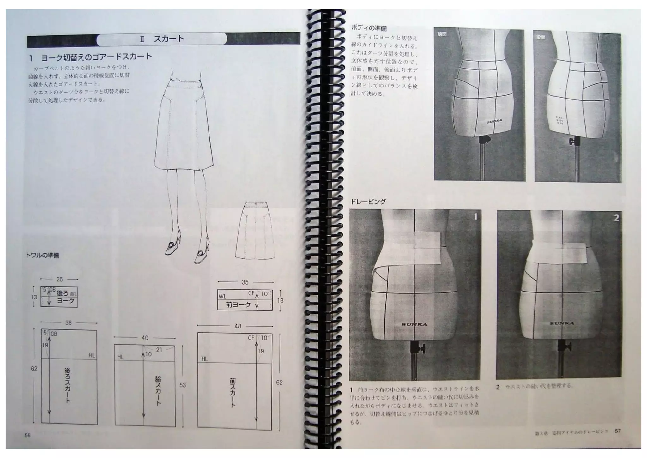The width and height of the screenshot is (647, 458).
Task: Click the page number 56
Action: [x=27, y=435]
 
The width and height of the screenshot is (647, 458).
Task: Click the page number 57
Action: [x=618, y=431]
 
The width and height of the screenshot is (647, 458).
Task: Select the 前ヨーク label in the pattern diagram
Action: [x=238, y=305]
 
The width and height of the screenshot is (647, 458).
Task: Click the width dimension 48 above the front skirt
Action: [x=238, y=326]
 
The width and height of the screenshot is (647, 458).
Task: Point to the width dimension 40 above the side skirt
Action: [x=145, y=338]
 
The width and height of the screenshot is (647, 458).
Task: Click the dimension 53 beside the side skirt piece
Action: [x=182, y=385]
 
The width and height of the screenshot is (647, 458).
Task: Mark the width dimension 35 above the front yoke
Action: [x=245, y=282]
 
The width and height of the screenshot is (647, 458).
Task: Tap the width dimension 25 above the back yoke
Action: [x=59, y=279]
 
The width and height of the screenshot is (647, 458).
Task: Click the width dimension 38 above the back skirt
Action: [x=68, y=323]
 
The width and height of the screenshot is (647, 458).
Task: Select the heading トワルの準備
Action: [x=42, y=255]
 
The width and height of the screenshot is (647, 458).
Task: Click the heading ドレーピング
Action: [x=368, y=202]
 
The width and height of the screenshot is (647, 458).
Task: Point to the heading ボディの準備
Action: [x=369, y=28]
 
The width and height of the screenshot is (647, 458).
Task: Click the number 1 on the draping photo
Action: [x=475, y=217]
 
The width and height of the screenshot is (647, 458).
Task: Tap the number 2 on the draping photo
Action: [x=616, y=218]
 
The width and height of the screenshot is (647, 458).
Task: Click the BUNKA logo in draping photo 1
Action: [x=414, y=324]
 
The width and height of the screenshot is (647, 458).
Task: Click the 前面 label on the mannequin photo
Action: [x=442, y=34]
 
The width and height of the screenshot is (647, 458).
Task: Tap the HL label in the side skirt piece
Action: [x=120, y=357]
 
